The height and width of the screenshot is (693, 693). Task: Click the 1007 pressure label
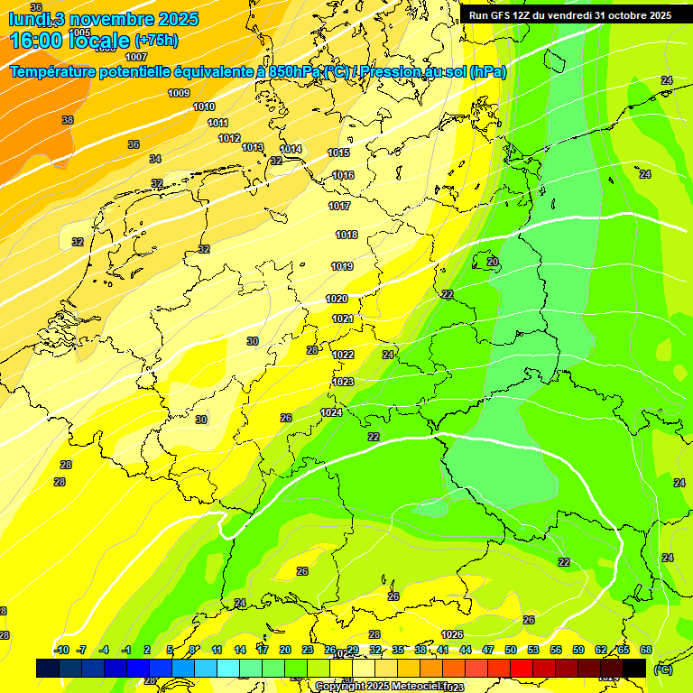coord(136,57)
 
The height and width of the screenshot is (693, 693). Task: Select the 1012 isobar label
coord(229,138)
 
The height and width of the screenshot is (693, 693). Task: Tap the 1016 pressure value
coord(343,175)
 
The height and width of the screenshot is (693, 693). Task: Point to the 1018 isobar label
coord(346,235)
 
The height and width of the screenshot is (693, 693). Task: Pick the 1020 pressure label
coord(337,299)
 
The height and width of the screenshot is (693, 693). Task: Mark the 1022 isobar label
coord(343,355)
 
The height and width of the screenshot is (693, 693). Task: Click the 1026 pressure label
coord(452,634)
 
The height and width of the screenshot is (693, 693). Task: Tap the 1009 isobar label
coord(179,93)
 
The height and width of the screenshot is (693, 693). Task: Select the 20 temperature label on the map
coord(492,262)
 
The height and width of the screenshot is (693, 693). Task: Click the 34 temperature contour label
coord(155,159)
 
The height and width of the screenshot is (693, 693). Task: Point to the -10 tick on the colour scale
coord(61,650)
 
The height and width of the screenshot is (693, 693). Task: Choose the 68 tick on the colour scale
coord(646,650)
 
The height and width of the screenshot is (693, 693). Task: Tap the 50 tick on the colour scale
coord(511,650)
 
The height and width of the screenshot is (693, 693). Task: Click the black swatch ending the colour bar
coord(634,668)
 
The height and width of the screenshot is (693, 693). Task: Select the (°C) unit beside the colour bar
coord(662,670)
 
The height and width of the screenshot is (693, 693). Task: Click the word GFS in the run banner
coord(506,15)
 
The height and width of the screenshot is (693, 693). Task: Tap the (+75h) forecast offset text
coord(157,41)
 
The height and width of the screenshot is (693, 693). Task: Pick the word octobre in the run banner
coord(628,15)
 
